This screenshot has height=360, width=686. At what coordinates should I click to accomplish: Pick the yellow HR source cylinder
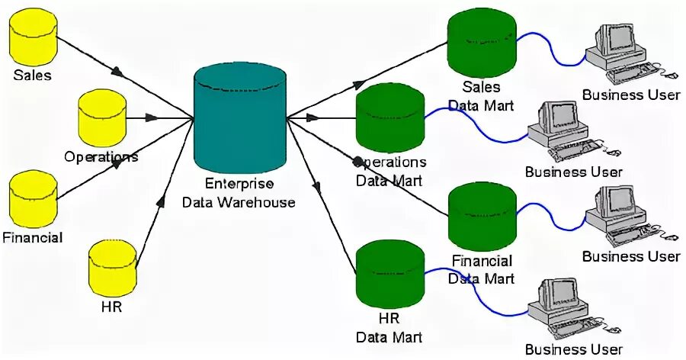pos(113,269)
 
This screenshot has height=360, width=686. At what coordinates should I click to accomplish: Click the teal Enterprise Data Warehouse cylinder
pos(239,120)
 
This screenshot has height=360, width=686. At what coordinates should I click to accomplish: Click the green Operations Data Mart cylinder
pos(391,119)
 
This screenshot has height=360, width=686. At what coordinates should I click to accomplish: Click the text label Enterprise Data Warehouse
pos(240,193)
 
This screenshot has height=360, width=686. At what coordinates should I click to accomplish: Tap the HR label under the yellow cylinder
pos(111,309)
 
